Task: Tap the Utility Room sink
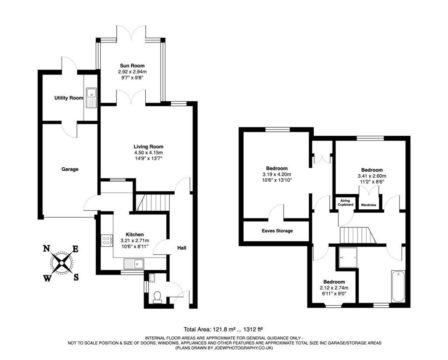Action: pos(92,93)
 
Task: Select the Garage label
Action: pos(70,169)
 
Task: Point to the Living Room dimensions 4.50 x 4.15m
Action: pos(149,152)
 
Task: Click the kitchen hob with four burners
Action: pos(106,240)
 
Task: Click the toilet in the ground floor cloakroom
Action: pos(156,296)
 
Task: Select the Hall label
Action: pos(182,248)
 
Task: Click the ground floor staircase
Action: pos(152,203)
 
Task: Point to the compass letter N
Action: pos(45,249)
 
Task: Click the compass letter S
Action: pos(76,276)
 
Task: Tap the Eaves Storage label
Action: pos(277,231)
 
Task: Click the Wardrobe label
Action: pos(368,205)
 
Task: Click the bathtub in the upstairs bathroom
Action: pos(398,286)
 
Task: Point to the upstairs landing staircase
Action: pos(358,235)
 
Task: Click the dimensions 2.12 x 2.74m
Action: pos(334,288)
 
